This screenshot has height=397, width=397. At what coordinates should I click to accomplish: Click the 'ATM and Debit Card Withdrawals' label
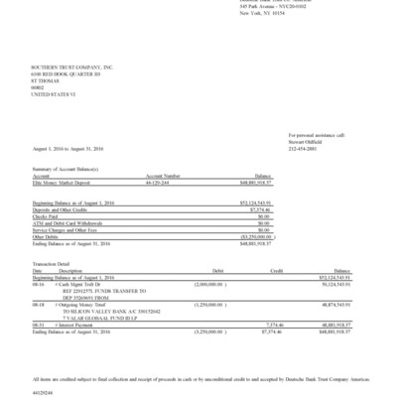pos(65,219)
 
